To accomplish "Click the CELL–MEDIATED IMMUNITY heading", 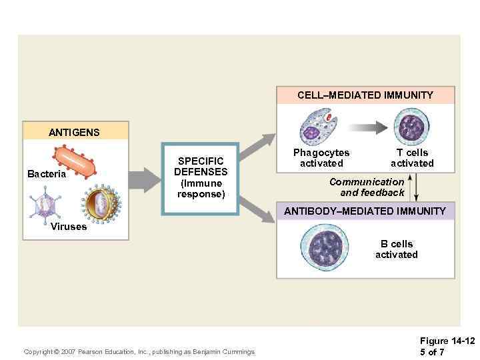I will tap(365, 95).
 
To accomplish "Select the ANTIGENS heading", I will tap(74, 132).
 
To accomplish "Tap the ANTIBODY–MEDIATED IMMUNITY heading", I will tap(365, 211).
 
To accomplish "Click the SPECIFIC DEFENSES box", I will tap(201, 178).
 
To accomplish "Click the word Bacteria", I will tap(47, 174).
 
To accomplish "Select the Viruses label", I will tap(69, 227).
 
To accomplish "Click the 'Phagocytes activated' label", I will tap(321, 158).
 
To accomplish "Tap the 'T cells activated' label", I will tap(412, 158).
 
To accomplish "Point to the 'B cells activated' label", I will tap(397, 249).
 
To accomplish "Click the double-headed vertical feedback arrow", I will tap(416, 186).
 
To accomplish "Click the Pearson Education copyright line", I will tap(139, 351).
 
